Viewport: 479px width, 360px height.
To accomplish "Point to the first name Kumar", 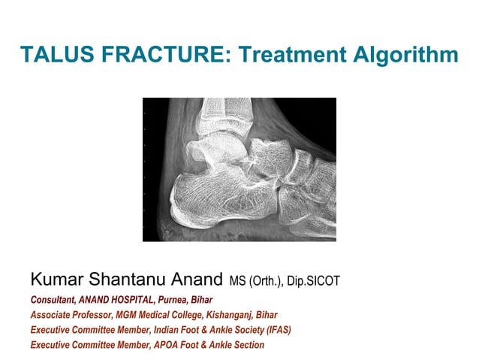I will (x=59, y=281).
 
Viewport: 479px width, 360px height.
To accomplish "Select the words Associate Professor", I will (x=68, y=316).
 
